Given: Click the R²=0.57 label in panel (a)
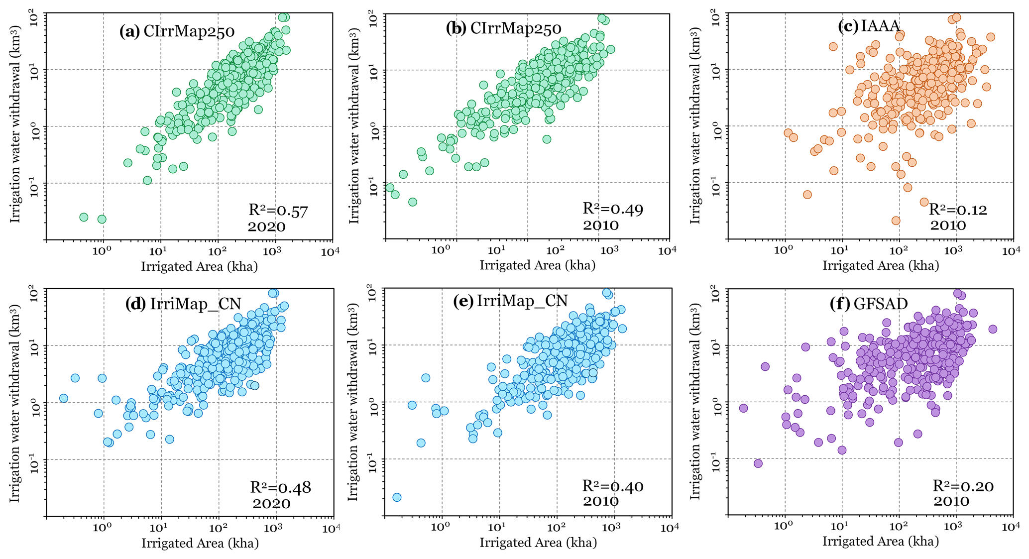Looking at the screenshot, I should point(278,211).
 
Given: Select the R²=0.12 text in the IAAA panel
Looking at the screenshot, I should point(958,210).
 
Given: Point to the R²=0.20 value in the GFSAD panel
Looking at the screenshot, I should point(963,486).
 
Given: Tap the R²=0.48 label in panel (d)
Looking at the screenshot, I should point(280,487).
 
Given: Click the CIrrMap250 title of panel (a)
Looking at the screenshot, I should point(177,32).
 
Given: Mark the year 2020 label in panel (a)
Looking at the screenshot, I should point(267,227).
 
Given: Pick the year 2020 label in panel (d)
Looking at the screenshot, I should point(271,503).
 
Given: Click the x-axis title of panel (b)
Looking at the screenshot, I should point(537,265).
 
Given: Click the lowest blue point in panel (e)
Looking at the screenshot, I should point(397,497).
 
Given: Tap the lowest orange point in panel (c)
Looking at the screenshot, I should point(896,221).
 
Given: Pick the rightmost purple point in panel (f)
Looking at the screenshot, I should point(992,329).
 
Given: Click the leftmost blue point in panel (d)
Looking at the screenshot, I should point(63,398).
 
